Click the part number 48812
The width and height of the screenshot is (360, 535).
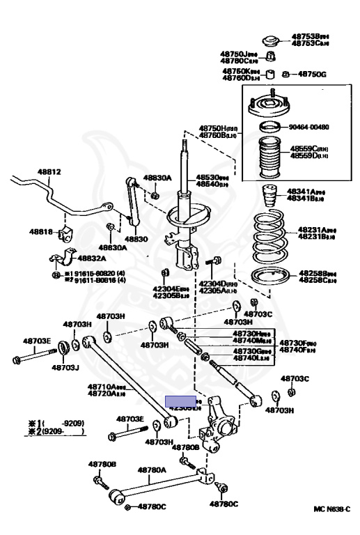[49, 171]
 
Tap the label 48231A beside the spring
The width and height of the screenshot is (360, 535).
[315, 229]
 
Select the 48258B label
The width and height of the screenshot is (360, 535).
[318, 274]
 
